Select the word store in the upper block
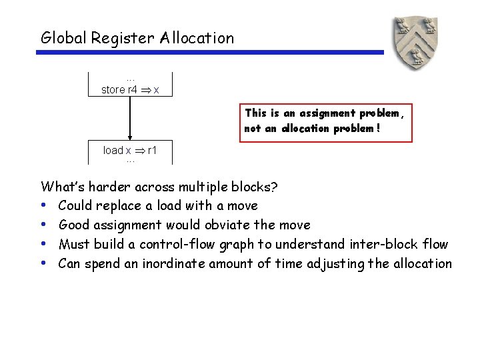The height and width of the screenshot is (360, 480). point(113,89)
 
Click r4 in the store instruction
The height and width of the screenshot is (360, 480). point(133,89)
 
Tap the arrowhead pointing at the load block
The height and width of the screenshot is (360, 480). point(130,137)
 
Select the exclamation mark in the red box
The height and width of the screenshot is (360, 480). point(379,129)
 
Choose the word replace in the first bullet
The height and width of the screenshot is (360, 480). point(122,205)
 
